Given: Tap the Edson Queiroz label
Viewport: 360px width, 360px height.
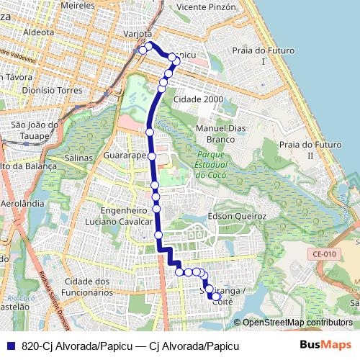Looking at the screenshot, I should pyautogui.click(x=237, y=216).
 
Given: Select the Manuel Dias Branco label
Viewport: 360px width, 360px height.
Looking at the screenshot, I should pyautogui.click(x=215, y=133).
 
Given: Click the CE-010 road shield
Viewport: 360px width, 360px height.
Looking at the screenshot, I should pyautogui.click(x=325, y=253).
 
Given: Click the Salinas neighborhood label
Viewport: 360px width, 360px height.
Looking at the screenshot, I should pyautogui.click(x=78, y=157).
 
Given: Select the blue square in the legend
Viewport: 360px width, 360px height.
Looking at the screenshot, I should pyautogui.click(x=9, y=346).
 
